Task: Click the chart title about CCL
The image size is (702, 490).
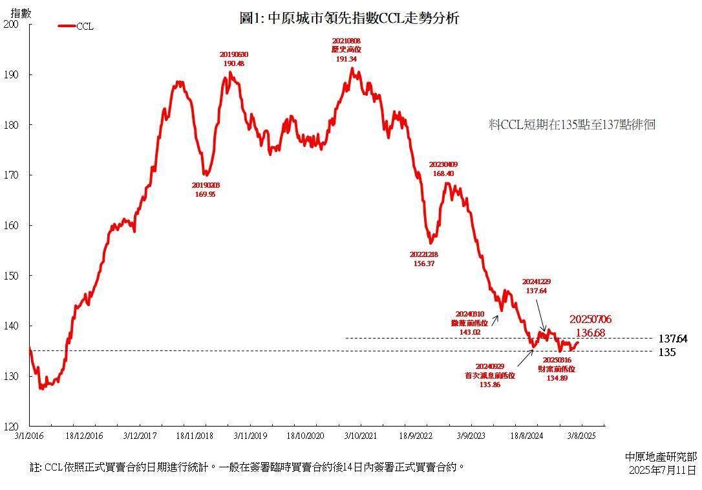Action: [x=349, y=18]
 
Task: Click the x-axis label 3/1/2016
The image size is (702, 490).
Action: [x=30, y=436]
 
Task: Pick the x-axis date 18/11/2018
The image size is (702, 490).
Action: [x=195, y=436]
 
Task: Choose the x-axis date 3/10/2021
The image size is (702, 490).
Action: [x=361, y=436]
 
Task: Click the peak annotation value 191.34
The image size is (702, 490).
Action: [x=346, y=59]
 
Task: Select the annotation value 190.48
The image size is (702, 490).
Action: [x=233, y=63]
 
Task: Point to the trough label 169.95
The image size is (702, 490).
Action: [x=205, y=194]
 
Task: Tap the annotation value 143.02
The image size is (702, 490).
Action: [x=469, y=331]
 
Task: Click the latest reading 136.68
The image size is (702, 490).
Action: [x=590, y=333]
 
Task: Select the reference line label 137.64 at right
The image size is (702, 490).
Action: [x=672, y=339]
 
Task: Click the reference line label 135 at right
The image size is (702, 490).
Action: [x=667, y=352]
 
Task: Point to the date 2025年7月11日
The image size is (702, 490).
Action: [x=663, y=470]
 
